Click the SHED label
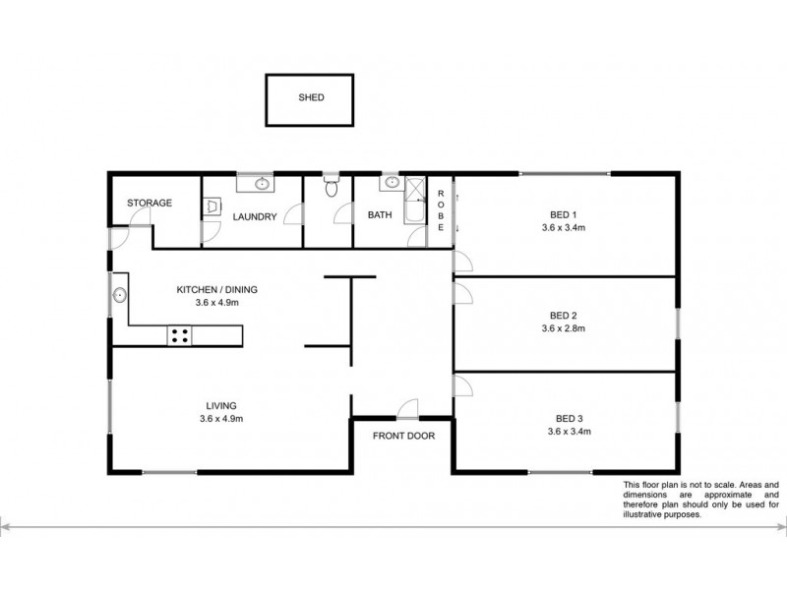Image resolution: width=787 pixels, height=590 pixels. tap(311, 97)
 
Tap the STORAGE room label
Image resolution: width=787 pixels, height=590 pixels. tap(150, 203)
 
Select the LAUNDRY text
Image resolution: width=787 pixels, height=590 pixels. tap(255, 216)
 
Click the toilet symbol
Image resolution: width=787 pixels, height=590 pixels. tap(331, 187)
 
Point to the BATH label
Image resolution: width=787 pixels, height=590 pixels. tap(380, 214)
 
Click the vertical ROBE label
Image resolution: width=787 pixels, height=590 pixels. tap(441, 210)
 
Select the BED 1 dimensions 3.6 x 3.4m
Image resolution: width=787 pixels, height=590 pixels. tap(563, 227)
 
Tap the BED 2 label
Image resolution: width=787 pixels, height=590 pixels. tap(563, 316)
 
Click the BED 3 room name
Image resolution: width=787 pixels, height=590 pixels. tap(570, 419)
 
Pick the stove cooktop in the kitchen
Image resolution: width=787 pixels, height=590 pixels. tap(179, 335)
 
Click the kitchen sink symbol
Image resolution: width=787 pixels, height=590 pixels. tap(119, 295)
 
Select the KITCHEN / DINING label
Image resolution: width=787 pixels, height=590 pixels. tap(216, 289)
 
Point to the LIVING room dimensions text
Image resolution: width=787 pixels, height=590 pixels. tap(221, 419)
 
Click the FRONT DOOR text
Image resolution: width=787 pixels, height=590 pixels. tap(403, 436)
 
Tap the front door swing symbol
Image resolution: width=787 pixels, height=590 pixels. tap(408, 408)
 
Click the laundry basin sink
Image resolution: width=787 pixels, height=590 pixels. tap(262, 184)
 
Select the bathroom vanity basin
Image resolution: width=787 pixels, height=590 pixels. tap(392, 183)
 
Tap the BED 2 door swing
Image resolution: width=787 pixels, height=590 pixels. tap(462, 293)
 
